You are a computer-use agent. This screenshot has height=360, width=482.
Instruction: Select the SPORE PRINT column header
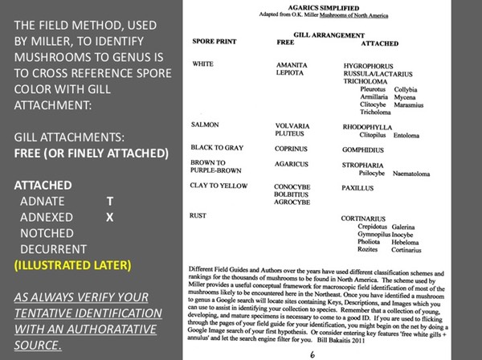click(x=214, y=39)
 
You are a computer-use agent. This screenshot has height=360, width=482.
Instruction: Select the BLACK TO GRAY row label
click(x=219, y=148)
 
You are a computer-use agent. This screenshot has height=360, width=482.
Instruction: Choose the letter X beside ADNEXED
click(x=110, y=217)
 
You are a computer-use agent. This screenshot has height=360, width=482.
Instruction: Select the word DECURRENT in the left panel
click(x=60, y=249)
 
